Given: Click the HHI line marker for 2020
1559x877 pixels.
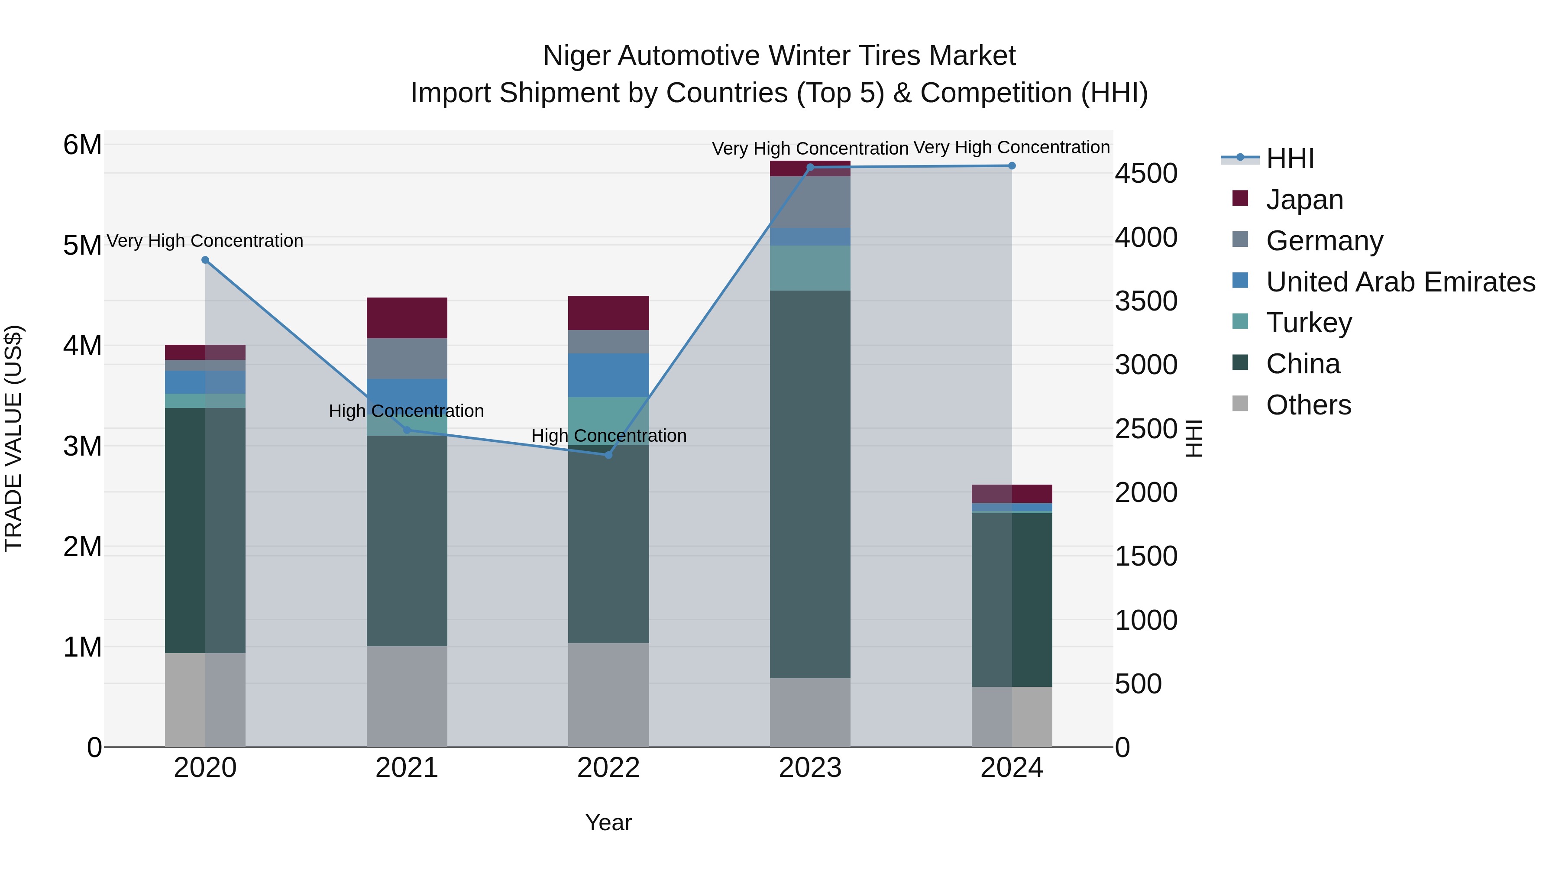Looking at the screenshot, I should (x=205, y=260).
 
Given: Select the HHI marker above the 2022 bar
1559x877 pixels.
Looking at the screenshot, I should (x=609, y=455).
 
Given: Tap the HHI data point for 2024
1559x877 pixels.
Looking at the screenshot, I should (x=1012, y=166).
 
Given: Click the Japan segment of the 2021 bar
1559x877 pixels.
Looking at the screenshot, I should (x=407, y=318).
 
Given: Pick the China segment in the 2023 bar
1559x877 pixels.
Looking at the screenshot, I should (x=810, y=484).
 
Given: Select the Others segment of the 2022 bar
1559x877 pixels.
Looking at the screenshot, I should (x=608, y=695).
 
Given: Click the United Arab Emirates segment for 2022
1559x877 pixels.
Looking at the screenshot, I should (x=608, y=375).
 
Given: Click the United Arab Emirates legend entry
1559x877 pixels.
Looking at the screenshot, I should (x=1401, y=282).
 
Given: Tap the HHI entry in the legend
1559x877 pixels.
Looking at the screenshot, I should (x=1289, y=159).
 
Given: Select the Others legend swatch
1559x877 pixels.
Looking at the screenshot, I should (x=1240, y=404).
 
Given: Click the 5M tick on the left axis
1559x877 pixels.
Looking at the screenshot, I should (x=82, y=246).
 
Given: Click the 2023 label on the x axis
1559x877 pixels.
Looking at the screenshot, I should (x=810, y=768).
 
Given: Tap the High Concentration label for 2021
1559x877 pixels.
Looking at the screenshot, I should (x=406, y=411).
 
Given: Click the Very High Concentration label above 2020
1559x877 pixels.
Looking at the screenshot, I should (x=205, y=241).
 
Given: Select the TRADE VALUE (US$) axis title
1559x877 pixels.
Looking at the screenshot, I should (x=13, y=438).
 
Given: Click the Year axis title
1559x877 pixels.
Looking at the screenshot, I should (x=608, y=822).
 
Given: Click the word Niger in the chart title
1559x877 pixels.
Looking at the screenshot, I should (x=576, y=56).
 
